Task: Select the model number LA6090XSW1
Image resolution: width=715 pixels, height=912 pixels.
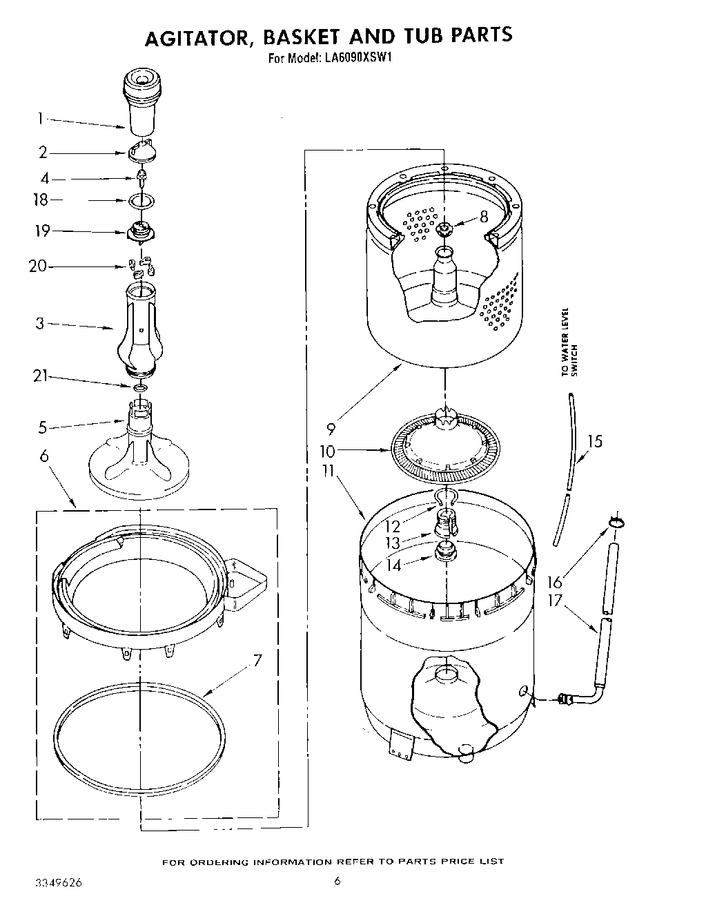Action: (x=357, y=59)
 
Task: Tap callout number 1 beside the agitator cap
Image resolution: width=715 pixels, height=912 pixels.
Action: (x=41, y=119)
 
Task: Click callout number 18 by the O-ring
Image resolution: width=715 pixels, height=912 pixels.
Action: (x=41, y=200)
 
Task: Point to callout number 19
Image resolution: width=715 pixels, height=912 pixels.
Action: (x=42, y=231)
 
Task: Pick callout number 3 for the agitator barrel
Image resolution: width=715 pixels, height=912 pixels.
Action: (x=40, y=322)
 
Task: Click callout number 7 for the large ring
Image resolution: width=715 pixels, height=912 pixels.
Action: (x=257, y=661)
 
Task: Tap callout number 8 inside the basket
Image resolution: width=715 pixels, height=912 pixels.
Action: (x=483, y=217)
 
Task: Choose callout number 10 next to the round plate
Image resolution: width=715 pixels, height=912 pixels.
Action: (x=327, y=452)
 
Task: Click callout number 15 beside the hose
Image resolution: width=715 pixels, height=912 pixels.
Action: (x=594, y=440)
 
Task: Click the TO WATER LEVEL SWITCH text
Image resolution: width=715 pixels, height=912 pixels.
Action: (x=569, y=342)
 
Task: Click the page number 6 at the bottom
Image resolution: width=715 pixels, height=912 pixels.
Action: (x=337, y=881)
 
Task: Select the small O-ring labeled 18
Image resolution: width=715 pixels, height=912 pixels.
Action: (x=141, y=201)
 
